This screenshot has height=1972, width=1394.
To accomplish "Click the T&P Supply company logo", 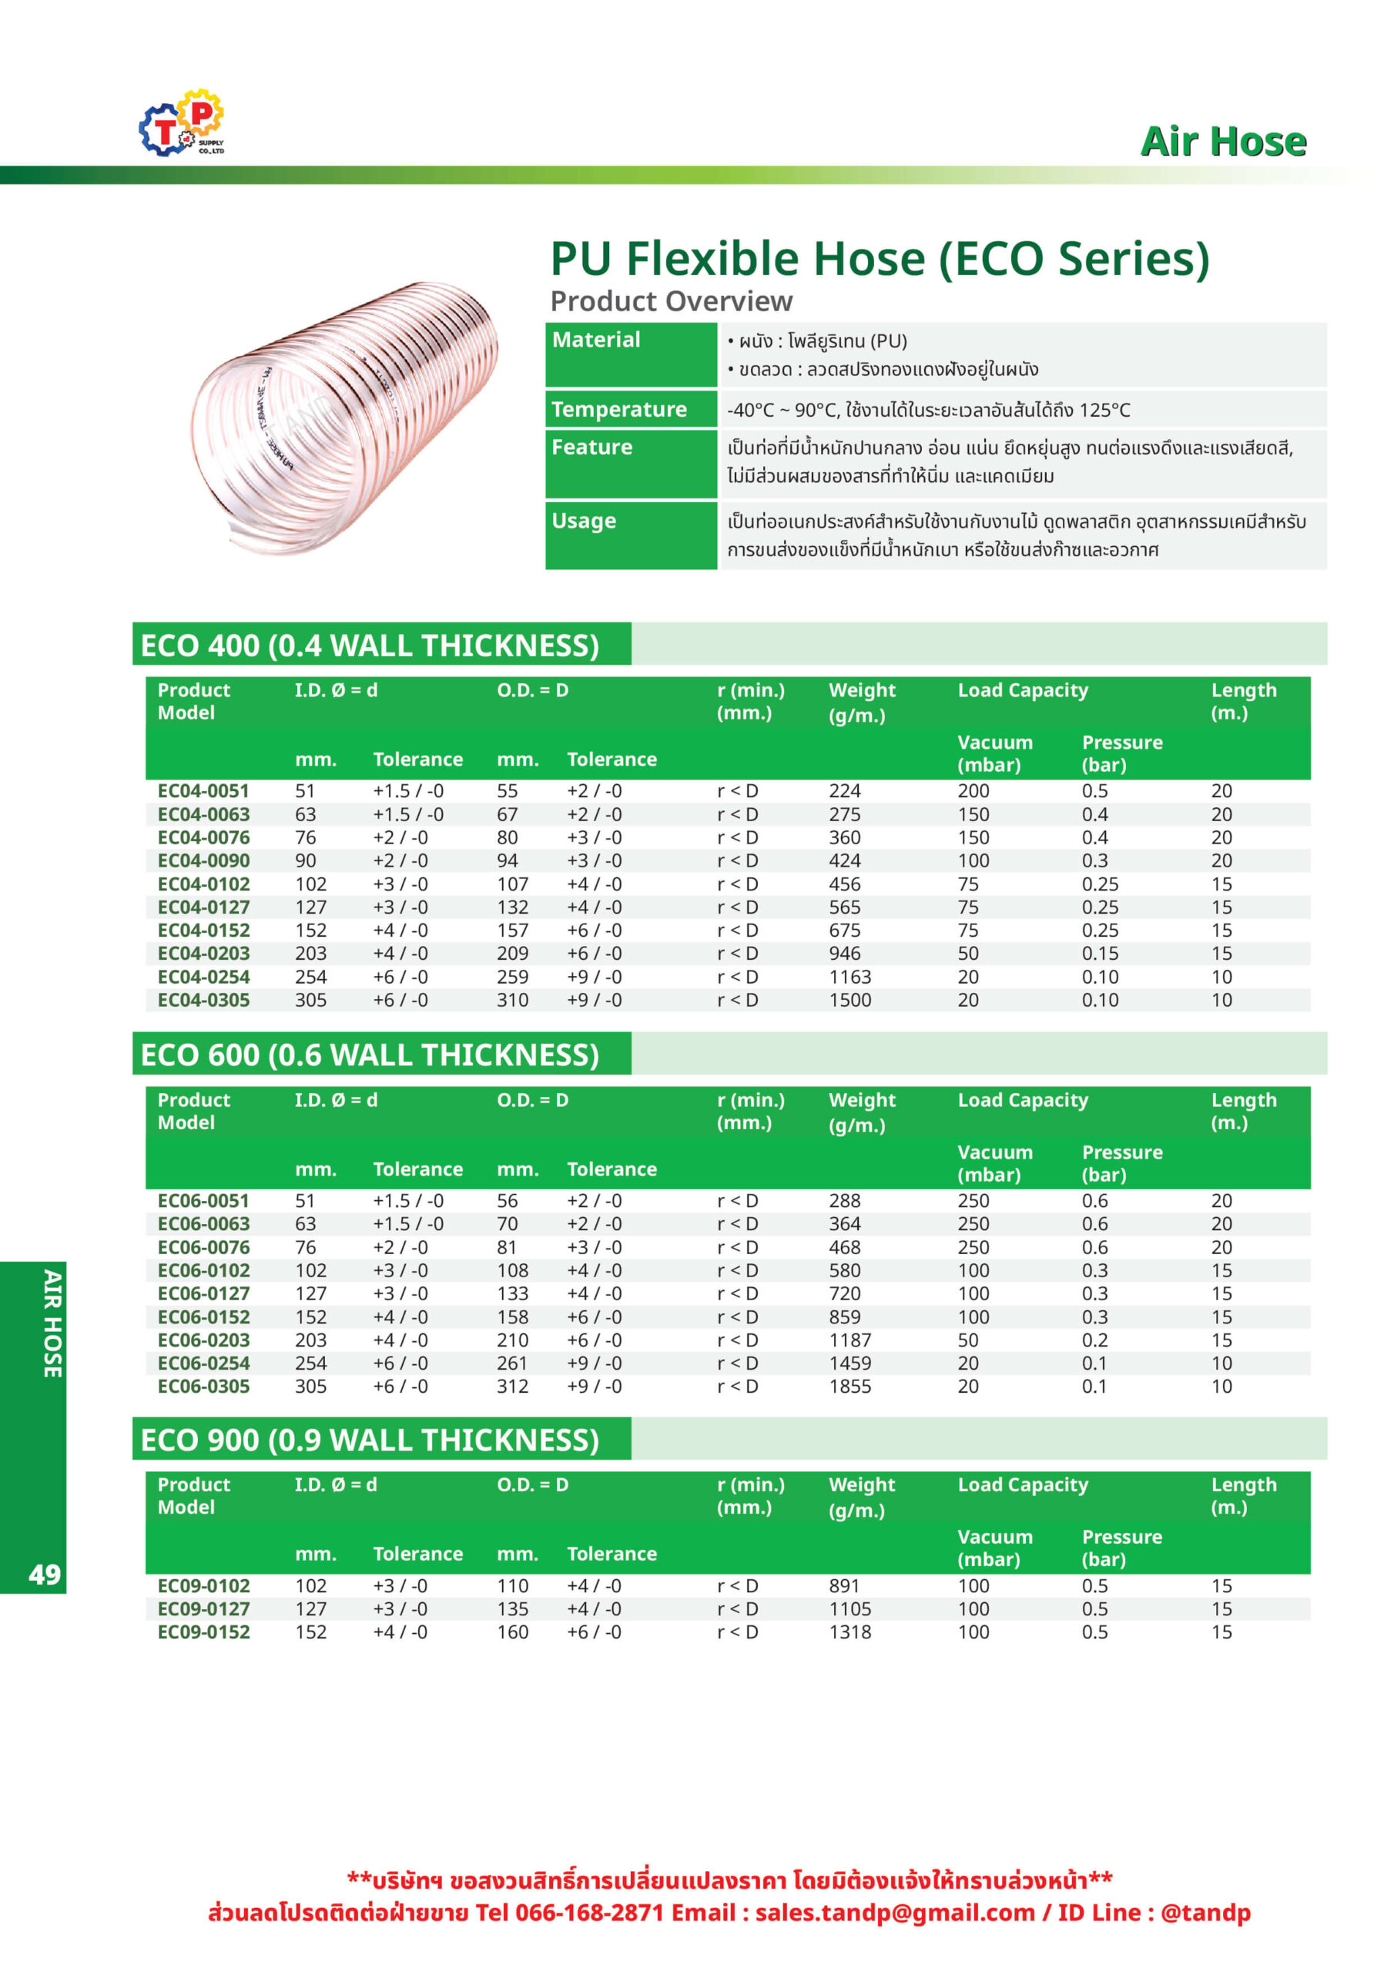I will point(181,122).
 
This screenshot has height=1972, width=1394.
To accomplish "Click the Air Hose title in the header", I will point(1222,142).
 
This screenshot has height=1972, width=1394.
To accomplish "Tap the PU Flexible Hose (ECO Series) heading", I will point(879,259).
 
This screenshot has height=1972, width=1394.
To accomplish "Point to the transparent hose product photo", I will point(344,418).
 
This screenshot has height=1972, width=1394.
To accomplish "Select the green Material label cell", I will point(631,354).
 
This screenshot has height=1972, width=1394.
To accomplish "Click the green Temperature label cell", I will point(631,410).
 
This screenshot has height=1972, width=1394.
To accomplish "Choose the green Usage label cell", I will point(631,535).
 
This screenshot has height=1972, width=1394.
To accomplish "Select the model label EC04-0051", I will point(203,791).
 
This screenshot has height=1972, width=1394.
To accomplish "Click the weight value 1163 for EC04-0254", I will point(849,977).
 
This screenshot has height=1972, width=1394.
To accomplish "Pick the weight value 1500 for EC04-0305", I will point(849,1000).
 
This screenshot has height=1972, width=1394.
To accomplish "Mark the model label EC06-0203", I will point(203,1340).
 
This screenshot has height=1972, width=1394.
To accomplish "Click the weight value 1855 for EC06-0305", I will point(849,1387).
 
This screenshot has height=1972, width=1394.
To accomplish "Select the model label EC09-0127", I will point(203,1608).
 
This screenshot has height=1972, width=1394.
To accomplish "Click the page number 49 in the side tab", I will point(45,1575).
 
